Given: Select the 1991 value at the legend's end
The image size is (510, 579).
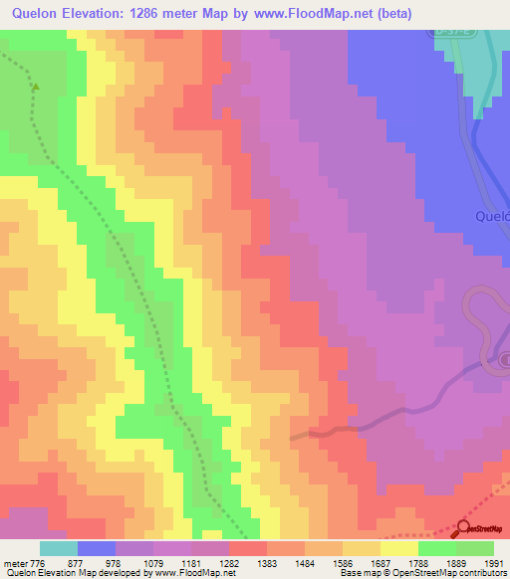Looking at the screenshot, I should click(494, 564).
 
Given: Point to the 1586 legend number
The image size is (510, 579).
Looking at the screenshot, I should click(342, 564).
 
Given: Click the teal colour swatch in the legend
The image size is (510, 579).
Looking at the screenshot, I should click(58, 548).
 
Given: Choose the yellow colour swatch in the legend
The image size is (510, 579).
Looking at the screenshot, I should click(398, 548).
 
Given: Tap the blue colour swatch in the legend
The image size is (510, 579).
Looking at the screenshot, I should click(96, 548).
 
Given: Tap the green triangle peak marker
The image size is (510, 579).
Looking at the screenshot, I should click(37, 87).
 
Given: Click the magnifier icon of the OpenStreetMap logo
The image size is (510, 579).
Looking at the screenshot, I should click(462, 529).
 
